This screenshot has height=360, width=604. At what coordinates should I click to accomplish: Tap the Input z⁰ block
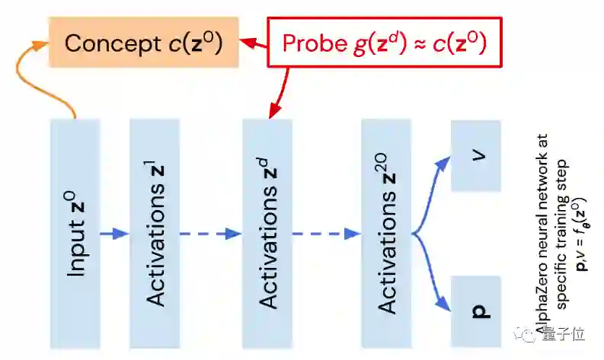(x=75, y=233)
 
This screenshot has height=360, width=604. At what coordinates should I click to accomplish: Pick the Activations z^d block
(x=267, y=233)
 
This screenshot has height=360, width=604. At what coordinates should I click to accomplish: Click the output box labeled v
(x=475, y=155)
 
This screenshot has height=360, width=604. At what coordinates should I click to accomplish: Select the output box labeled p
(x=475, y=311)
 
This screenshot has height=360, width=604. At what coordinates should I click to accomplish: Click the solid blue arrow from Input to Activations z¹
(x=114, y=234)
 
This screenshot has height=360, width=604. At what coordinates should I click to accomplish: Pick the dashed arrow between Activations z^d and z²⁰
(x=326, y=234)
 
